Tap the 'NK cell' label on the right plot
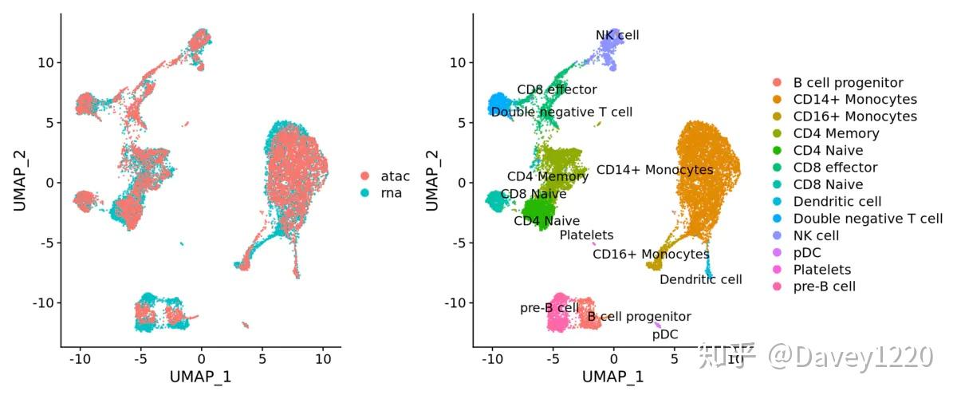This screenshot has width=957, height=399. tap(617, 35)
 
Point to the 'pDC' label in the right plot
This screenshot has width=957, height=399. tap(665, 334)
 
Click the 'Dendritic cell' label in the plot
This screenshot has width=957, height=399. tap(700, 279)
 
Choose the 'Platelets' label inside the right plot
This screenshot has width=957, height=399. tap(586, 235)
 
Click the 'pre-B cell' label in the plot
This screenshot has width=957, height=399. tap(549, 307)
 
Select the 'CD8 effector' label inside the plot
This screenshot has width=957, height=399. tap(557, 89)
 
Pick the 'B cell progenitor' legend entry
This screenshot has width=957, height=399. tap(848, 83)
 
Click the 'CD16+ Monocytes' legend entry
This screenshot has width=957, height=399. tap(855, 117)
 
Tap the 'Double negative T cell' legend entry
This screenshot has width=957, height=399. tap(868, 219)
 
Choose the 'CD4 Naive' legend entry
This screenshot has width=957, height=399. tap(828, 151)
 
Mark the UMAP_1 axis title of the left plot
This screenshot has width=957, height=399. tap(200, 376)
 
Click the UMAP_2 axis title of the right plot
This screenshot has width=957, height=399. tap(433, 182)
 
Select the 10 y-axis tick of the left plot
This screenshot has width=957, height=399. tap(45, 62)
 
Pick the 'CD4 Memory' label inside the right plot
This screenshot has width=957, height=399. tap(548, 176)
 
